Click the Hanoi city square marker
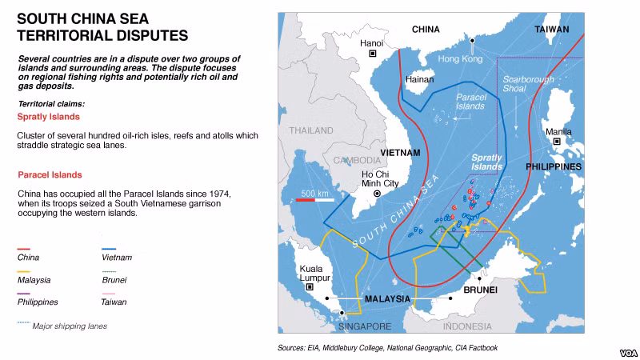pos(372,54)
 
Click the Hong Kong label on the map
pos(460,59)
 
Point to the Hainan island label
pos(419,80)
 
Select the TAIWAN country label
pos(552,30)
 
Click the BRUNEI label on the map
pos(481,289)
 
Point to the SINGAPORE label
pos(365,326)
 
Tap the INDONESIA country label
pos(467,326)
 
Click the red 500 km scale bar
pos(313,200)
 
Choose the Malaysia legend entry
pos(34,280)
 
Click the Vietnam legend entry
pos(116,258)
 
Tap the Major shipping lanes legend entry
pos(69,326)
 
